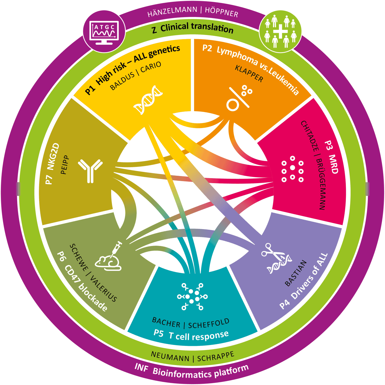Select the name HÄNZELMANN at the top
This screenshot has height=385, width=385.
(x=172, y=11)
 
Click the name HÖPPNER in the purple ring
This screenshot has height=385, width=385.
(x=222, y=12)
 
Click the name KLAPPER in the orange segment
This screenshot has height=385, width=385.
(x=249, y=73)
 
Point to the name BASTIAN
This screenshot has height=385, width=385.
(x=296, y=273)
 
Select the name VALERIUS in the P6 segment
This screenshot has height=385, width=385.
(x=103, y=289)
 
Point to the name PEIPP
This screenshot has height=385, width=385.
(x=65, y=165)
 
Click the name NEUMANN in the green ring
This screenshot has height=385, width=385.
(x=170, y=357)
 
